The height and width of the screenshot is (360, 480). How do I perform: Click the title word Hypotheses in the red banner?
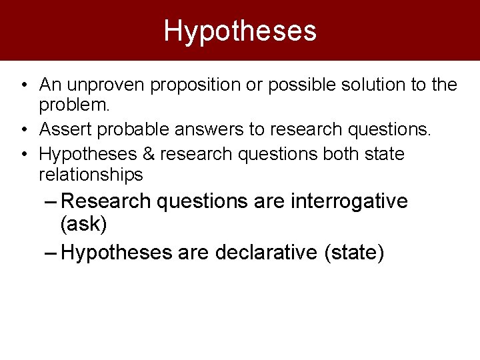coord(240,31)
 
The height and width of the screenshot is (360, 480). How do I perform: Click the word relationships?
coord(91,175)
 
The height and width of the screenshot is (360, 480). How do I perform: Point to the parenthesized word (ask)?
coord(83,224)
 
